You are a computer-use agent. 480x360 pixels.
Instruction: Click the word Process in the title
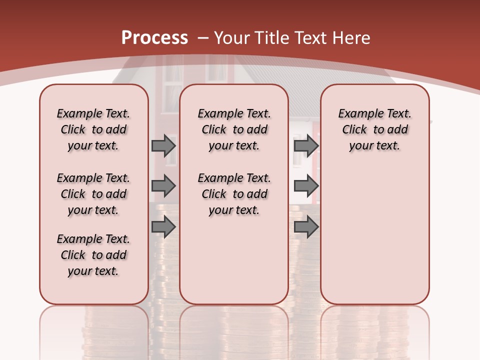(154, 38)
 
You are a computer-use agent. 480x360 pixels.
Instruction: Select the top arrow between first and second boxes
(163, 145)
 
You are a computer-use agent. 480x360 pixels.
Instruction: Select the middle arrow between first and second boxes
(163, 186)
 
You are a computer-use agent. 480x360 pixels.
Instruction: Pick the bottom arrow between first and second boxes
(163, 227)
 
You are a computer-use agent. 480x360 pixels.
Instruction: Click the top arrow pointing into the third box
(306, 145)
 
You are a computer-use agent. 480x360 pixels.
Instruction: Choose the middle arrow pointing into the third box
(306, 186)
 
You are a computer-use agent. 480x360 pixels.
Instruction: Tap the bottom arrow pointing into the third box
(306, 227)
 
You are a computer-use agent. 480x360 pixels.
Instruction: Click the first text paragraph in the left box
(93, 129)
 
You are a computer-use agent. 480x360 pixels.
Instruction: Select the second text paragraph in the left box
(93, 194)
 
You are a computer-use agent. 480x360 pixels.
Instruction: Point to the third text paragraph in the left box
(93, 255)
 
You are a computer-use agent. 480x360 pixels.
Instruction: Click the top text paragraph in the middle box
(234, 129)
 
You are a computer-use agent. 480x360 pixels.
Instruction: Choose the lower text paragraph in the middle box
(234, 194)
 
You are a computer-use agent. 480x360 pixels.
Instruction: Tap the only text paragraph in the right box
(374, 129)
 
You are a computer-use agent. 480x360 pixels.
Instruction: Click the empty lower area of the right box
(374, 240)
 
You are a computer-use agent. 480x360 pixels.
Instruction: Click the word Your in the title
(232, 38)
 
